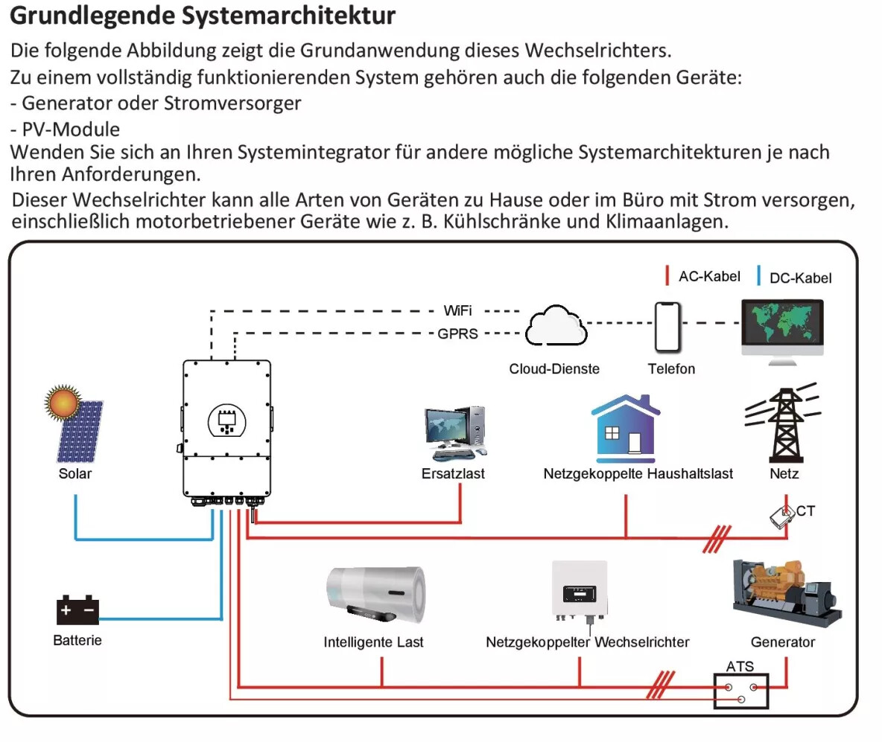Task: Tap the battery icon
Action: (77, 610)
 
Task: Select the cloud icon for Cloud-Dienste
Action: (556, 325)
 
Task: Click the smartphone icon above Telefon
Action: (667, 327)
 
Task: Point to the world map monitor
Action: (782, 332)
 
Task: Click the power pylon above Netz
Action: (783, 423)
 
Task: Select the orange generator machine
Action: (787, 593)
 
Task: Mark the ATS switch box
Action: (740, 691)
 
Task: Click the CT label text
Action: (805, 511)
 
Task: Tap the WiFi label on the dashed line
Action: (457, 310)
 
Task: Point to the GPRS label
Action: (457, 334)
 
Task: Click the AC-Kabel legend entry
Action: (703, 276)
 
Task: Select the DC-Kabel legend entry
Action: (795, 277)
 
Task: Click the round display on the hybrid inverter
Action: (226, 421)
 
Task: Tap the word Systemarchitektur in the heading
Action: (288, 15)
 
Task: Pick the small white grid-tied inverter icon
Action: (580, 590)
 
